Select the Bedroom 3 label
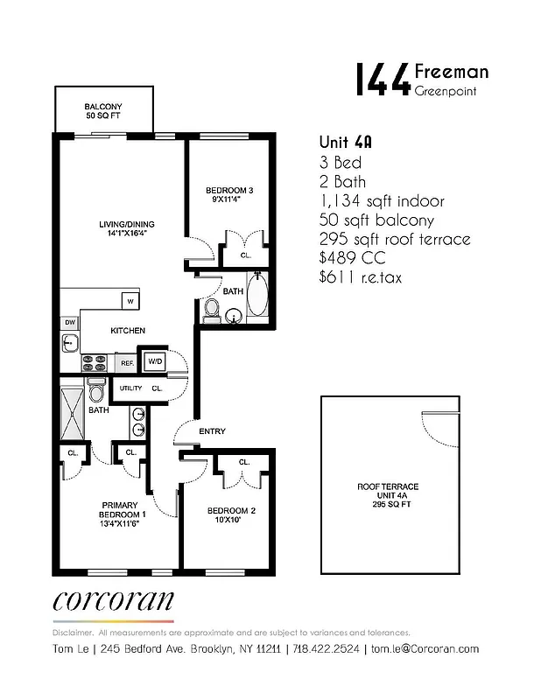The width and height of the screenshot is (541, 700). click(x=229, y=194)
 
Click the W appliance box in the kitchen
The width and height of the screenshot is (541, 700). click(x=130, y=301)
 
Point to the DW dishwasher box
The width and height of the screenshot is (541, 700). click(x=69, y=323)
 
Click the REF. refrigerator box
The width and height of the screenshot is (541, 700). click(x=126, y=361)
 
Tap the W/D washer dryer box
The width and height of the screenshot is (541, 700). click(x=155, y=360)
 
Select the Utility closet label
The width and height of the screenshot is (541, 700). click(x=130, y=388)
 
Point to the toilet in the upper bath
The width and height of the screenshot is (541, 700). click(x=212, y=309)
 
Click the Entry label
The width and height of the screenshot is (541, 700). click(x=212, y=431)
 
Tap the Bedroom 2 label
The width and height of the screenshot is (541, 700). click(x=230, y=515)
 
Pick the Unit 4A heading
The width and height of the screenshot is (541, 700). click(x=342, y=143)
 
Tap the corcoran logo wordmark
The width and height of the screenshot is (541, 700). click(x=113, y=601)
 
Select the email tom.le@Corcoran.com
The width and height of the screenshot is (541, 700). click(x=425, y=648)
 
